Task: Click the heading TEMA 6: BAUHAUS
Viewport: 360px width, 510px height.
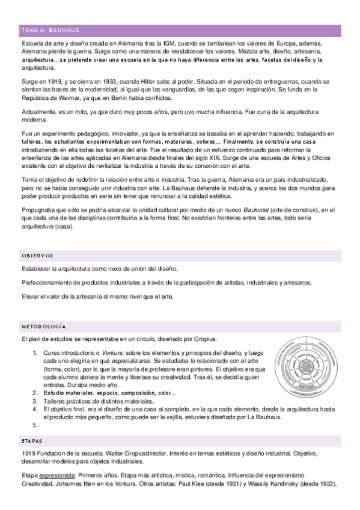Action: pyautogui.click(x=50, y=30)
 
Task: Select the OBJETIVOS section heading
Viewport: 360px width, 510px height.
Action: pyautogui.click(x=37, y=255)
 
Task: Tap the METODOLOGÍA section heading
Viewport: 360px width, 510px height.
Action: pyautogui.click(x=44, y=325)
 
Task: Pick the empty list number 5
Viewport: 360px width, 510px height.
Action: pyautogui.click(x=35, y=424)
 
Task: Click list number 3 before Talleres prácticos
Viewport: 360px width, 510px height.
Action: pyautogui.click(x=35, y=401)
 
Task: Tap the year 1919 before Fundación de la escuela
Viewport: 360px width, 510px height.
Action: pyautogui.click(x=29, y=452)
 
